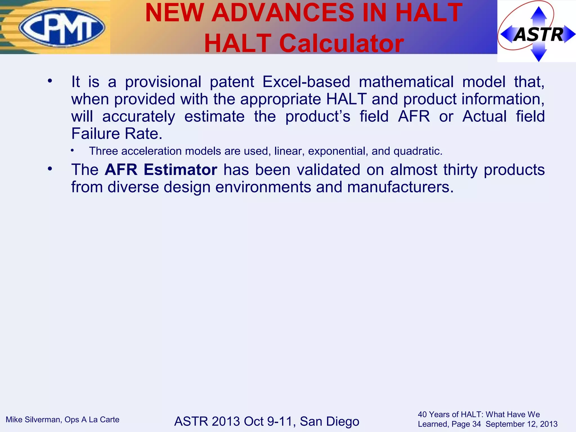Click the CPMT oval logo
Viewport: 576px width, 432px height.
pos(62,27)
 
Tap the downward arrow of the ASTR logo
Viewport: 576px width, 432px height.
pos(538,55)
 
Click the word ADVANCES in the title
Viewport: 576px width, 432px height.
pos(283,13)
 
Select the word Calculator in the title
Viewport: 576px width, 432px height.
pos(341,43)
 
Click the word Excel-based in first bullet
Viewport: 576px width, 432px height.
pos(306,82)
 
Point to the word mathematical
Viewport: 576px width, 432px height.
pos(406,82)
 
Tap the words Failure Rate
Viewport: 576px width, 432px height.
pos(117,134)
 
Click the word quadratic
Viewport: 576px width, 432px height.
pos(417,151)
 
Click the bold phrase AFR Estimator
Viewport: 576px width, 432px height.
pos(161,170)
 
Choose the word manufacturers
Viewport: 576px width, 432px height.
pos(400,187)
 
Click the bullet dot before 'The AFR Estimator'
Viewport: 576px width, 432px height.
pos(50,169)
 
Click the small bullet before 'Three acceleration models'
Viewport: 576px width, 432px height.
pos(72,151)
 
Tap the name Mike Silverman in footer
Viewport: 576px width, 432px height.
pos(33,420)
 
